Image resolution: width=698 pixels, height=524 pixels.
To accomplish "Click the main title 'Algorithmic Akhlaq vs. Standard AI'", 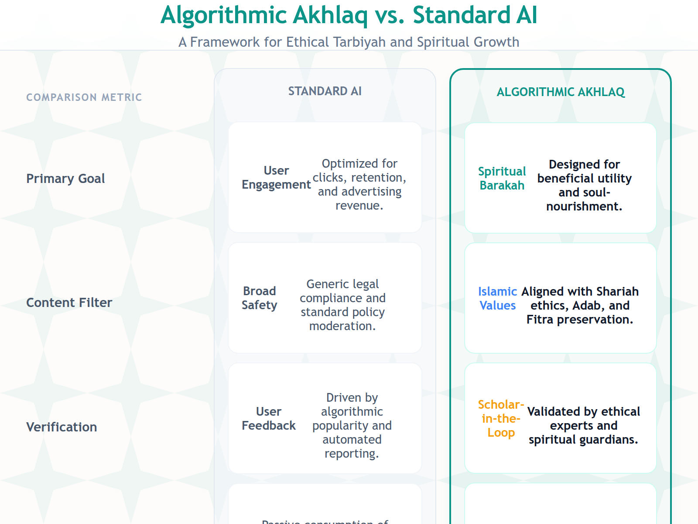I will [349, 15].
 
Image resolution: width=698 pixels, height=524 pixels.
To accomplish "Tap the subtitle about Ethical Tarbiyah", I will [349, 42].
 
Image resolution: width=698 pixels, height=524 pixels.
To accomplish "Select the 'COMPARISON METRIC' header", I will [84, 97].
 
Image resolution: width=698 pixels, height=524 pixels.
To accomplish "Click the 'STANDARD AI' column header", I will [325, 91].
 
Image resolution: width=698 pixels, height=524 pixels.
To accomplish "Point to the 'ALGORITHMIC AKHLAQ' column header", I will [561, 92].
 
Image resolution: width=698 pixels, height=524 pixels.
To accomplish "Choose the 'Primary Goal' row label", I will [65, 179].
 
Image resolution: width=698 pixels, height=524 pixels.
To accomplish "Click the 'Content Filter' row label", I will [69, 303].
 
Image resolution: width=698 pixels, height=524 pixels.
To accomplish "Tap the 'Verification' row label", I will [62, 427].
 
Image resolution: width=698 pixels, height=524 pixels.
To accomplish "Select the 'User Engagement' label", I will [276, 178].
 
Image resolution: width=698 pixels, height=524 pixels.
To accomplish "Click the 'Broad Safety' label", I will [260, 298].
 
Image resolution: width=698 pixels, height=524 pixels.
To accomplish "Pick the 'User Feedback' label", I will [269, 419].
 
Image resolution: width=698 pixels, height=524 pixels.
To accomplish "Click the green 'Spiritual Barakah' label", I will [502, 179].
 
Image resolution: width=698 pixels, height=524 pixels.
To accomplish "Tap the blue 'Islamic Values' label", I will [497, 299].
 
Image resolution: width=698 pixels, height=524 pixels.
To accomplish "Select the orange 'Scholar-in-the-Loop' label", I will [501, 419].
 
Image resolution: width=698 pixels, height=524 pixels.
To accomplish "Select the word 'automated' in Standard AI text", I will [352, 440].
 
